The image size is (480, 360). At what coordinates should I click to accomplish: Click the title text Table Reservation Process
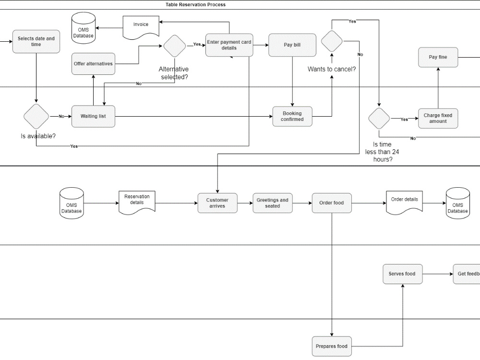coord(195,5)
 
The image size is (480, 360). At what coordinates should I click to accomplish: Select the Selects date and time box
coord(36,42)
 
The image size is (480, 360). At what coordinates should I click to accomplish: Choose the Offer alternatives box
coord(93,64)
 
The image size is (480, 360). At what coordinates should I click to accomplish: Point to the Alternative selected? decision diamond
coord(174,46)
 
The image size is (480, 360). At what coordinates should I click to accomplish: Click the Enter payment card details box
coord(229,45)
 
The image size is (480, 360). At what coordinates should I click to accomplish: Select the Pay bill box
coord(292,45)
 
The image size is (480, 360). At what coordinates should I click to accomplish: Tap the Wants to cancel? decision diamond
coord(332,41)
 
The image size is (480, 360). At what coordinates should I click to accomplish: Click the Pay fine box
coord(438,57)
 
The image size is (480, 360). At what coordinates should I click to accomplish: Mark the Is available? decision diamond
coord(36,116)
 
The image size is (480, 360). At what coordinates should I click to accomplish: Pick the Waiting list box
coord(93,116)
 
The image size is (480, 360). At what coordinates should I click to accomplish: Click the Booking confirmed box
coord(292,116)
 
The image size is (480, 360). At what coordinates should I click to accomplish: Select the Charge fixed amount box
coord(438,118)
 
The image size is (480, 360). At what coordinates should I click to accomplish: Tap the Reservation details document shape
coord(137,201)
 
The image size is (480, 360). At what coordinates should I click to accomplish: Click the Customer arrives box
coord(217,203)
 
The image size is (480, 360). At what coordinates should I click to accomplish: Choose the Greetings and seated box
coord(272,203)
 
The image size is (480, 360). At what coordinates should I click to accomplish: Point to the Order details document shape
coord(404,201)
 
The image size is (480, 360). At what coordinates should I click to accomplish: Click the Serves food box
coord(402,274)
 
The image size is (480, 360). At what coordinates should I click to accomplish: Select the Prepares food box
coord(331,346)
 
